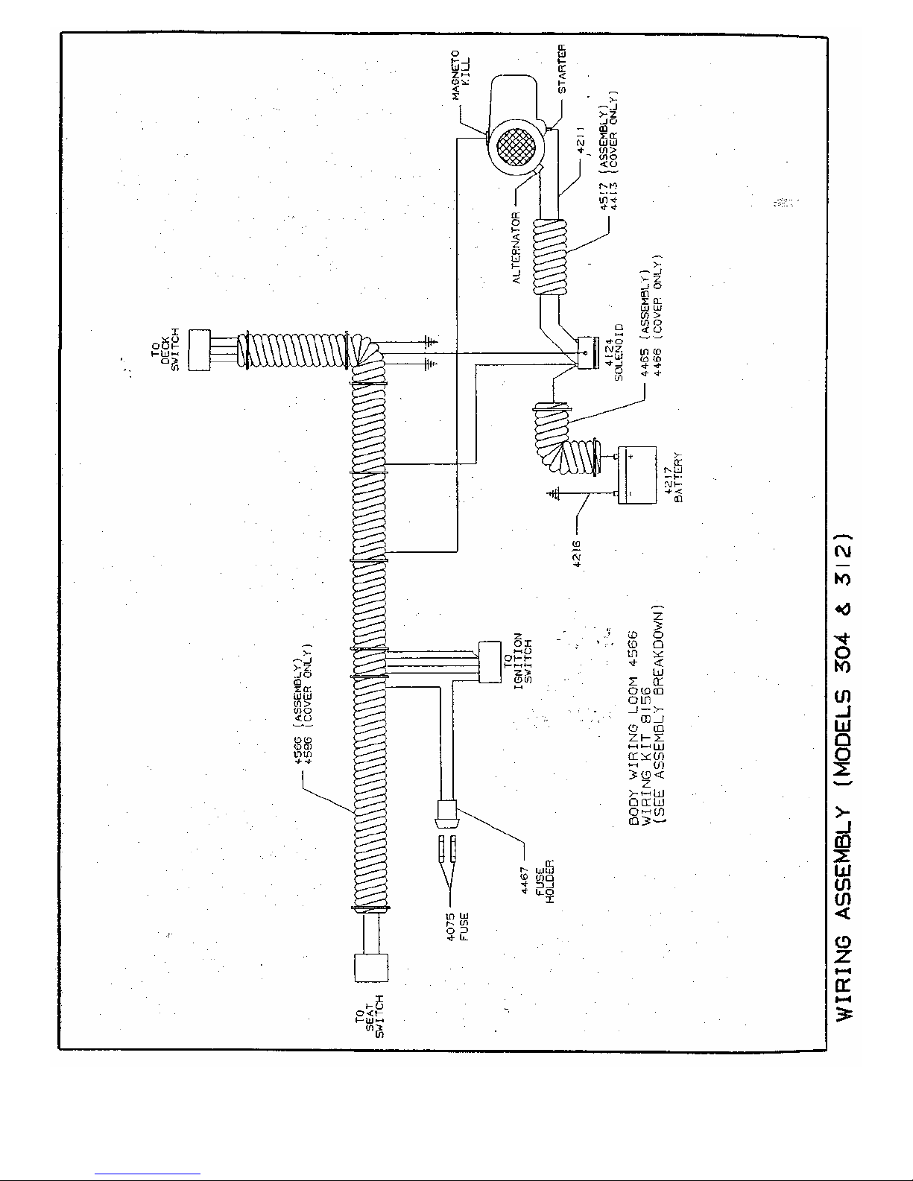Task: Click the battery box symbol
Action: tap(637, 475)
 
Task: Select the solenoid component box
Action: tap(587, 352)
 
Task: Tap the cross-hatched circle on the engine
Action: tap(515, 148)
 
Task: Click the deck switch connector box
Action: tap(200, 350)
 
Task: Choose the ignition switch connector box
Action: tap(490, 662)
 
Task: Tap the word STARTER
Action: tap(562, 69)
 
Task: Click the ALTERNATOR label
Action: tap(516, 247)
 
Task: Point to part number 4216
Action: tap(577, 554)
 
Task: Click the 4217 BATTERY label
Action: tap(673, 478)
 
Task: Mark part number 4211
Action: tap(581, 139)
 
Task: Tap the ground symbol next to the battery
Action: tap(553, 494)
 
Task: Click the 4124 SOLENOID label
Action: tap(613, 352)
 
